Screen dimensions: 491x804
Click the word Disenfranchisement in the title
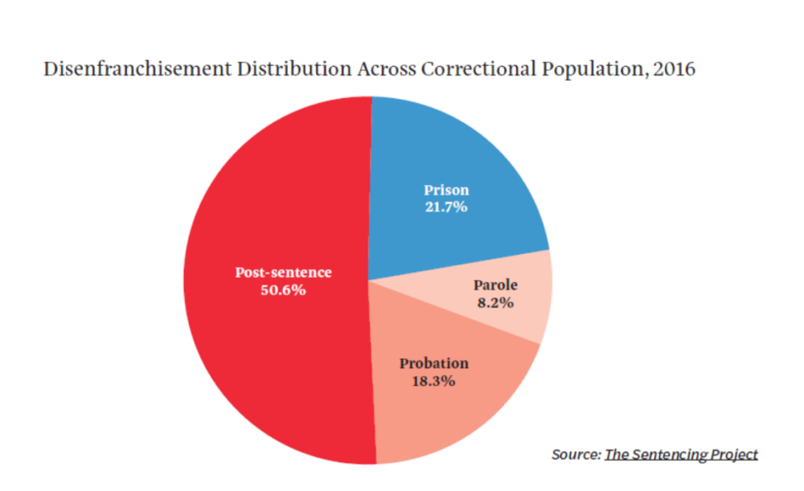point(123,70)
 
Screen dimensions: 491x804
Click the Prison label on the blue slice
point(446,190)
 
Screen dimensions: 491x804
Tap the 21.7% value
point(446,207)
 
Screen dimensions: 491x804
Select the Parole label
point(495,285)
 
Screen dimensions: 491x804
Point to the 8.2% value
point(495,303)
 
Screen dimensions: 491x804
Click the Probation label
point(434,363)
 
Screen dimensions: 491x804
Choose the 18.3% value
point(434,381)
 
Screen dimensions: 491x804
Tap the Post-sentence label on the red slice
point(283,272)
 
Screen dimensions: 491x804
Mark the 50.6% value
point(283,290)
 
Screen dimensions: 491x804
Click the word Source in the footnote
point(575,454)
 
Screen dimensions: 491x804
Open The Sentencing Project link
point(681,454)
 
